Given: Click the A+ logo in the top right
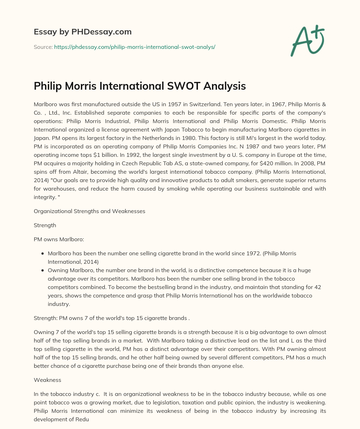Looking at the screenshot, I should coord(307,41).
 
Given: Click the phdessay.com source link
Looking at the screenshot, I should coord(135,47).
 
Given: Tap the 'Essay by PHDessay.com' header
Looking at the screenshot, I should coord(83,32).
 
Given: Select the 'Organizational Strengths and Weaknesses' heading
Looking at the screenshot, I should coord(89,211).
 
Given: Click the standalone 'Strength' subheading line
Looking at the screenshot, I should coord(45,225).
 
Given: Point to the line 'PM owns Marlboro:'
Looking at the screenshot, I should coord(59,239).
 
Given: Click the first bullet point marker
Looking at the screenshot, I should coord(43,254).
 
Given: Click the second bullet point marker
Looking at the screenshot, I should coord(43,270).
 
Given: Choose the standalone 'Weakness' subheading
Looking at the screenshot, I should coord(47,380).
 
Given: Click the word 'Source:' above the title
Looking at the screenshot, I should coord(43,47).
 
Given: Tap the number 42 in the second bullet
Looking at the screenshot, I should coord(317,287).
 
